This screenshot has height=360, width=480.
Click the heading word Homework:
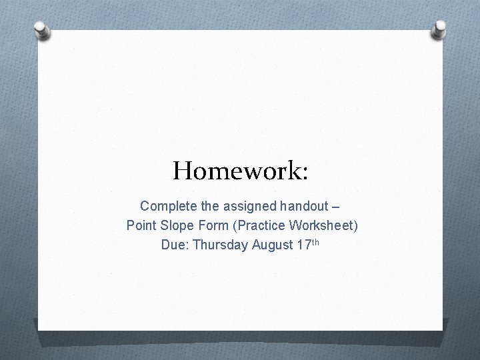(240, 171)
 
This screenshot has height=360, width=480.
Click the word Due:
(175, 245)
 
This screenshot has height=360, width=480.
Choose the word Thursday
(221, 245)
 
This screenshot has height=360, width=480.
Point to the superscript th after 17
(315, 241)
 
